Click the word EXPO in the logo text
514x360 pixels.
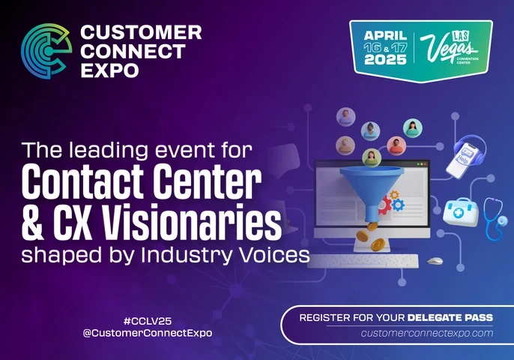pyautogui.click(x=110, y=70)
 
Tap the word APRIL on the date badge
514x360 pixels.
pyautogui.click(x=385, y=37)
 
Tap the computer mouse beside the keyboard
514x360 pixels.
pyautogui.click(x=435, y=261)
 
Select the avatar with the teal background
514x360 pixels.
pyautogui.click(x=412, y=127)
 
